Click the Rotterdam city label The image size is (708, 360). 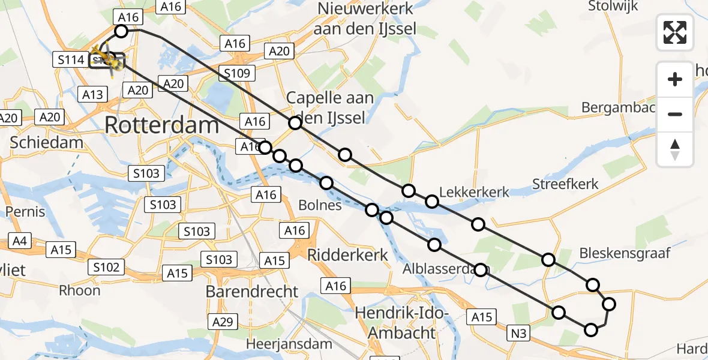161,125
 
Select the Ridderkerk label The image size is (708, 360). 347,254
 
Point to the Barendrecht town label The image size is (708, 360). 251,292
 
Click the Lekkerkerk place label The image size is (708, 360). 474,192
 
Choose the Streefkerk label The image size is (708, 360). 565,184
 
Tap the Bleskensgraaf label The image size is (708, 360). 625,253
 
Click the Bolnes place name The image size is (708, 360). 320,205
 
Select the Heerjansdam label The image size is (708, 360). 289,344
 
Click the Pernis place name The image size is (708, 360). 25,212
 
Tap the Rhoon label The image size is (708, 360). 79,290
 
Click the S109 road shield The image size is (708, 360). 236,73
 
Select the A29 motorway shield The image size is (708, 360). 223,322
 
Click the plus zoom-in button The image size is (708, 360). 675,79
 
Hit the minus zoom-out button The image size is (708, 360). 675,114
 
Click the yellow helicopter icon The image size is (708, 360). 107,59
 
